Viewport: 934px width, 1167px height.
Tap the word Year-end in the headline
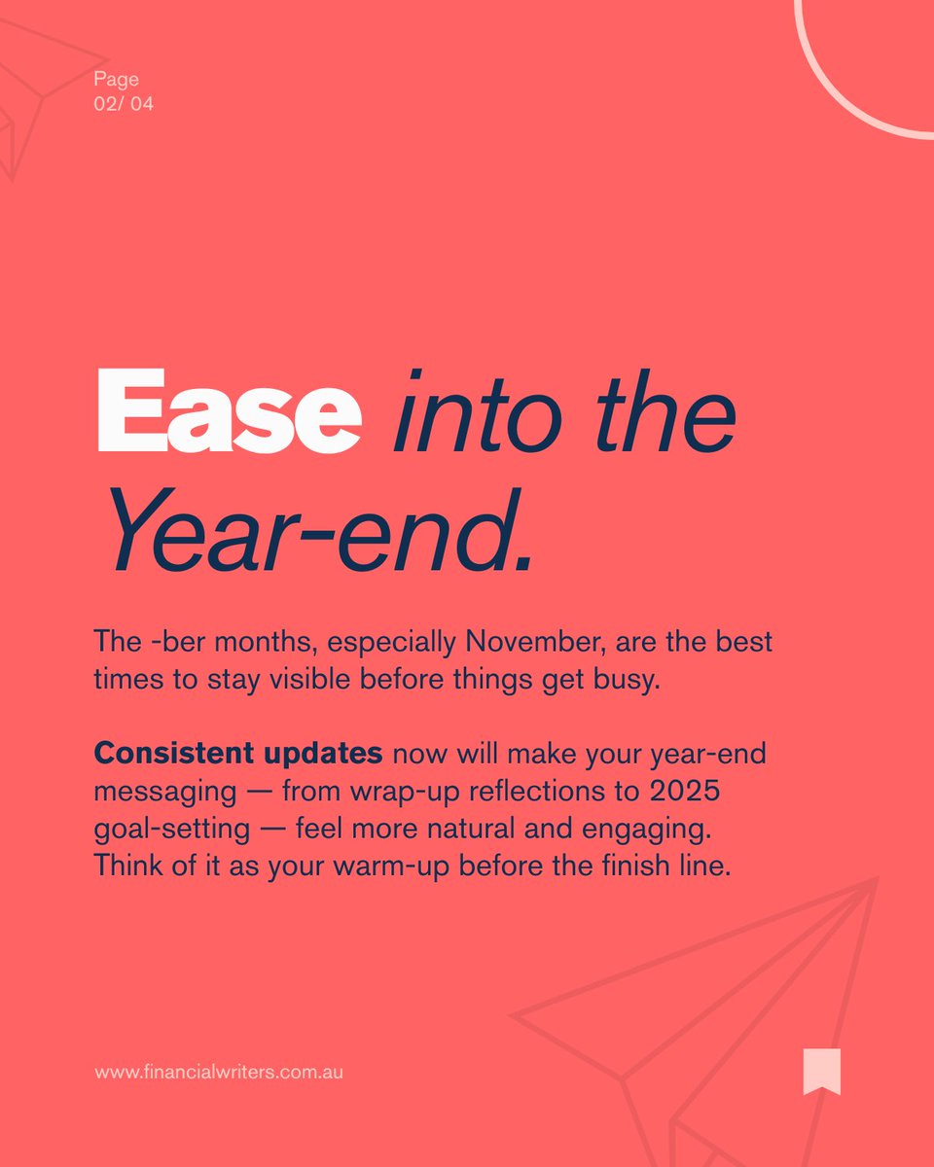point(321,533)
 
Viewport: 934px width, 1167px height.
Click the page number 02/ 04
point(124,104)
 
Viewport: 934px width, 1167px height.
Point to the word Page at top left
point(116,80)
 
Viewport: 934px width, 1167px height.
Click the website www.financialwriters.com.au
point(219,1073)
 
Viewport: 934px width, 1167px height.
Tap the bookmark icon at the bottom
point(821,1071)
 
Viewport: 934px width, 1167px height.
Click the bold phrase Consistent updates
point(237,753)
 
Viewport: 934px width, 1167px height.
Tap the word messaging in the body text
point(164,791)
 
